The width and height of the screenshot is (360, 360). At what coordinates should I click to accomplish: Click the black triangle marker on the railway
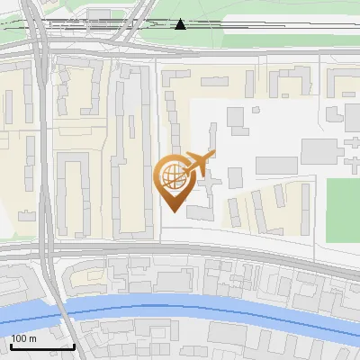(181, 24)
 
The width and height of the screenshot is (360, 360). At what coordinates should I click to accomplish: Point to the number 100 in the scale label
(20, 339)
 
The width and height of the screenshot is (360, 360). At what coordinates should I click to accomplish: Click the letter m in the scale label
(33, 339)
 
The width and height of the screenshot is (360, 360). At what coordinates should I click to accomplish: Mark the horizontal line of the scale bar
(41, 347)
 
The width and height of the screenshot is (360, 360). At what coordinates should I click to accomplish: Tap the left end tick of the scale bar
(10, 345)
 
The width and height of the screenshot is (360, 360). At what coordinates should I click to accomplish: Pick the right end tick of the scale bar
(74, 345)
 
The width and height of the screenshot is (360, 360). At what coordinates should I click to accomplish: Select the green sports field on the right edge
(342, 210)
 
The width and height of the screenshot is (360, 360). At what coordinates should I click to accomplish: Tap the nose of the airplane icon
(214, 154)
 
